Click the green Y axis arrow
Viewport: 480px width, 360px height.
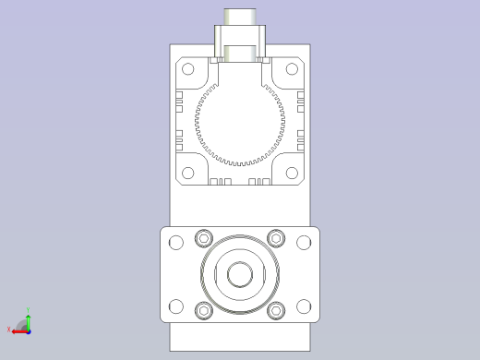coord(28,318)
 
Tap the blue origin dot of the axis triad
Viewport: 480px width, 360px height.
coord(28,330)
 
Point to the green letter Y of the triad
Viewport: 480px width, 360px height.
coord(29,311)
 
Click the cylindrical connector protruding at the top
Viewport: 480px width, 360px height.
coord(240,18)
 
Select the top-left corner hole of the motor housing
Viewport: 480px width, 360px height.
coord(188,68)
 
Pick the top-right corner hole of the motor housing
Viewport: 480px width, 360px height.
coord(292,68)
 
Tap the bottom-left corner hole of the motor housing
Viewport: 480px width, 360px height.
coord(188,173)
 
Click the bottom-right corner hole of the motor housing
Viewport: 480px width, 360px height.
coord(292,173)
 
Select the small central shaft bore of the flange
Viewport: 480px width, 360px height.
coord(240,274)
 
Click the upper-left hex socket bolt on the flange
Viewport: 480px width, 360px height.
coord(204,239)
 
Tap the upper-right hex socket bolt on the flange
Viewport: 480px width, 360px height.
coord(276,239)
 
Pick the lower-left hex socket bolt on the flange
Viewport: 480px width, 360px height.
coord(204,310)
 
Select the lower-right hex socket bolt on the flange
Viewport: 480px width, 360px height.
coord(276,310)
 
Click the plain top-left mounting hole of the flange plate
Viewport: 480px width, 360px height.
coord(175,243)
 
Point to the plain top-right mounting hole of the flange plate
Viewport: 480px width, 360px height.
coord(304,243)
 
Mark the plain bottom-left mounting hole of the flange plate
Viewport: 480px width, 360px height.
coord(175,306)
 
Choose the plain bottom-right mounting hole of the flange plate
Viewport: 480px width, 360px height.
coord(304,306)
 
